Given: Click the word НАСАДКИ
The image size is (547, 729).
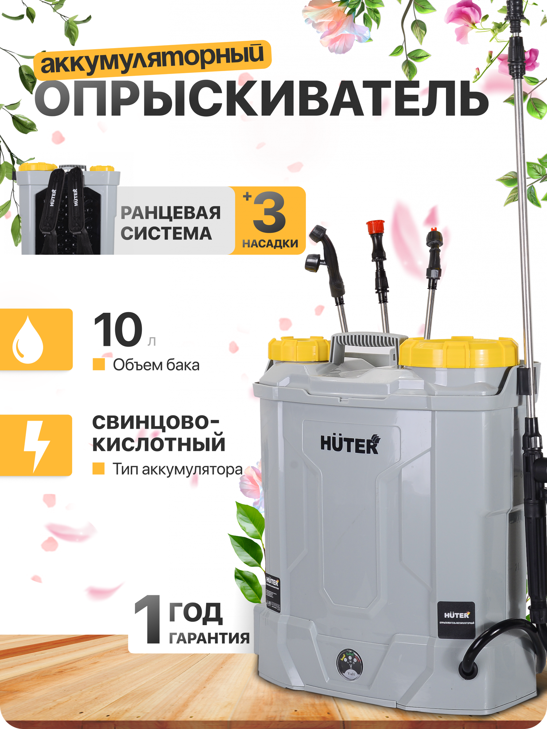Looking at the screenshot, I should click(x=270, y=243).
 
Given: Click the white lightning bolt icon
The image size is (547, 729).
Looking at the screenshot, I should click(x=36, y=445).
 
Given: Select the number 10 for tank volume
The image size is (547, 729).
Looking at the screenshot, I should click(x=117, y=330).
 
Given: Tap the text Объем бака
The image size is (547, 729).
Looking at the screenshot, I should click(x=156, y=365).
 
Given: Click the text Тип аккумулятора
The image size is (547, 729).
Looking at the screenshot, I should click(x=177, y=469).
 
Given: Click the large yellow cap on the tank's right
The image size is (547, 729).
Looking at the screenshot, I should click(x=459, y=352).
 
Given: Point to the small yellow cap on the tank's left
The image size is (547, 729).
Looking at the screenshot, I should click(x=298, y=349).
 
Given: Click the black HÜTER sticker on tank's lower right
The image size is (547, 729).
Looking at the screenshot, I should click(x=456, y=620).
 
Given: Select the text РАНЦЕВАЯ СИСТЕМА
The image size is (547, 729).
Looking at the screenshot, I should click(x=170, y=223).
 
